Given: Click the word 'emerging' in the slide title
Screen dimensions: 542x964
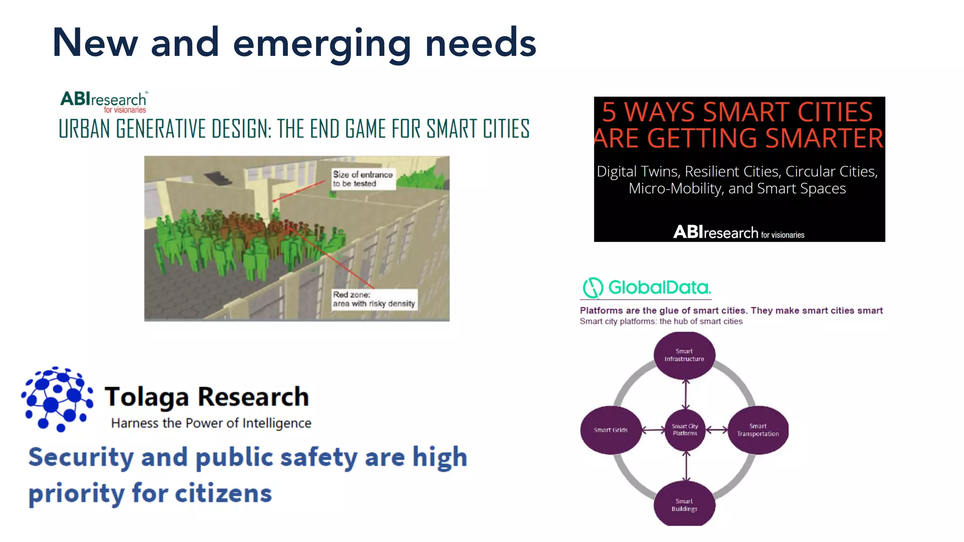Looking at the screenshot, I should click(322, 43).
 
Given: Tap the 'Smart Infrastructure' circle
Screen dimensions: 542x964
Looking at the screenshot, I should click(684, 355).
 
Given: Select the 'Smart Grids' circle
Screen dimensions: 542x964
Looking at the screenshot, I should click(611, 430).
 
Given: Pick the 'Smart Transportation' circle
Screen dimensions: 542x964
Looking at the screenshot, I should click(758, 430).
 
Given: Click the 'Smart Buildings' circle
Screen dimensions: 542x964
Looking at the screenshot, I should click(684, 505).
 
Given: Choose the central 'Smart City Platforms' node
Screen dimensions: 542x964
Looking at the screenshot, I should click(685, 430).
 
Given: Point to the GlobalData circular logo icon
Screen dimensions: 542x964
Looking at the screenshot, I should click(593, 287).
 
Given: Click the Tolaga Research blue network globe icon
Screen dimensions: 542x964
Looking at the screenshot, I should click(57, 399).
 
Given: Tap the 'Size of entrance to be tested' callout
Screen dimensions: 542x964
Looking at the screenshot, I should click(362, 179).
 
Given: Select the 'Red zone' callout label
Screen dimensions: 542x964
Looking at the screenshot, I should click(374, 299).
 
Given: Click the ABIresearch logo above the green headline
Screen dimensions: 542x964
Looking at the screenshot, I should click(104, 102).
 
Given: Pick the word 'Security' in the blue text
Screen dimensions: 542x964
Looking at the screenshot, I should click(81, 457).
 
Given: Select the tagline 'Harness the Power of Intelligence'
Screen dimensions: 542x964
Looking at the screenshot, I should click(211, 423).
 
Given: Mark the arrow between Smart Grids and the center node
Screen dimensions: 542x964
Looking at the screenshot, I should click(653, 430).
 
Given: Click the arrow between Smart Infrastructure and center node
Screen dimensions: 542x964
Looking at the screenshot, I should click(686, 394).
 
